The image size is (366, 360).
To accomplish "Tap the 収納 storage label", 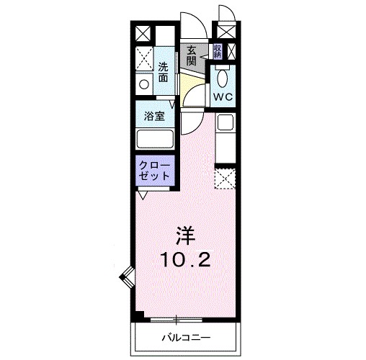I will (217, 51).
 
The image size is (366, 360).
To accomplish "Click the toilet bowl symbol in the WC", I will (222, 77).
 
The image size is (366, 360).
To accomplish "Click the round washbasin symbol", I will (144, 84).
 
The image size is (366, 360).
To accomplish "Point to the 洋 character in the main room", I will (185, 236).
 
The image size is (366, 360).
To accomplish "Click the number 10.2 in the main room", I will (185, 259).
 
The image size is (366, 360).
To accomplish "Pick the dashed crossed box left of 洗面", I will (143, 56).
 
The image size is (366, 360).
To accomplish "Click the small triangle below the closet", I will (143, 194).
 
